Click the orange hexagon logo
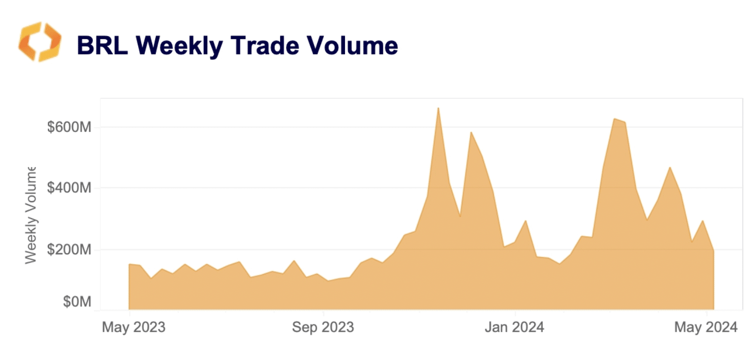[40, 42]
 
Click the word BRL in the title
[102, 45]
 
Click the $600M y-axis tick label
[69, 127]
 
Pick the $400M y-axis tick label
[69, 187]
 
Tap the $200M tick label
[69, 250]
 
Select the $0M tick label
[77, 302]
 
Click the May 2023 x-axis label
[134, 327]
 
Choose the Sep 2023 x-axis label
[323, 327]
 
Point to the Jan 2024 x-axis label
[514, 327]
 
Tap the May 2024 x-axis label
[706, 327]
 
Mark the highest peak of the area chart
[438, 108]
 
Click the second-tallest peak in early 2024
[614, 119]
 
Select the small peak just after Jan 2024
[526, 221]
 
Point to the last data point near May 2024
[714, 251]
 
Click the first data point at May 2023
[129, 264]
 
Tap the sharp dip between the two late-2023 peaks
[460, 216]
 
